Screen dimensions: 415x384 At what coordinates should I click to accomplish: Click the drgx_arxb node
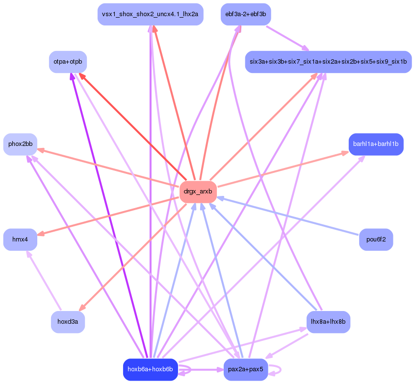[x=198, y=192]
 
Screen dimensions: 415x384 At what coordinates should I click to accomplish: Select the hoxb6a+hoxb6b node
[x=150, y=369]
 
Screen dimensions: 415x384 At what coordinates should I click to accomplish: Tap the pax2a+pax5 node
[x=246, y=369]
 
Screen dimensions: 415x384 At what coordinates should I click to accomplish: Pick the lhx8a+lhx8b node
[x=328, y=322]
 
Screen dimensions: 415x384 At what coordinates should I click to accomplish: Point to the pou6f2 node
[x=376, y=240]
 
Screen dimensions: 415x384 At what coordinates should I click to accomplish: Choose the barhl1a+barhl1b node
[x=376, y=144]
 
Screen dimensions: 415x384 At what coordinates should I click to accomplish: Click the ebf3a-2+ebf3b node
[x=246, y=14]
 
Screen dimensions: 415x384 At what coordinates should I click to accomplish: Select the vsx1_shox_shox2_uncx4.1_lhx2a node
[x=150, y=14]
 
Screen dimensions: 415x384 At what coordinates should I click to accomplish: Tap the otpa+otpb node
[x=68, y=62]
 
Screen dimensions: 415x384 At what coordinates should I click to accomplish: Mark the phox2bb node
[x=20, y=144]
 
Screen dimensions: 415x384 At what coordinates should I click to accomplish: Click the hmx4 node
[x=20, y=240]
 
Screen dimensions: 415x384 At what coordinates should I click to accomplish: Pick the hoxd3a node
[x=68, y=322]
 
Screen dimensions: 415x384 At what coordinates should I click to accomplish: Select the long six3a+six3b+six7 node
[x=328, y=62]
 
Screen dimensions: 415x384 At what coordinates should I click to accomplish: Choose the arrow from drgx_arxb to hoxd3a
[x=133, y=257]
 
